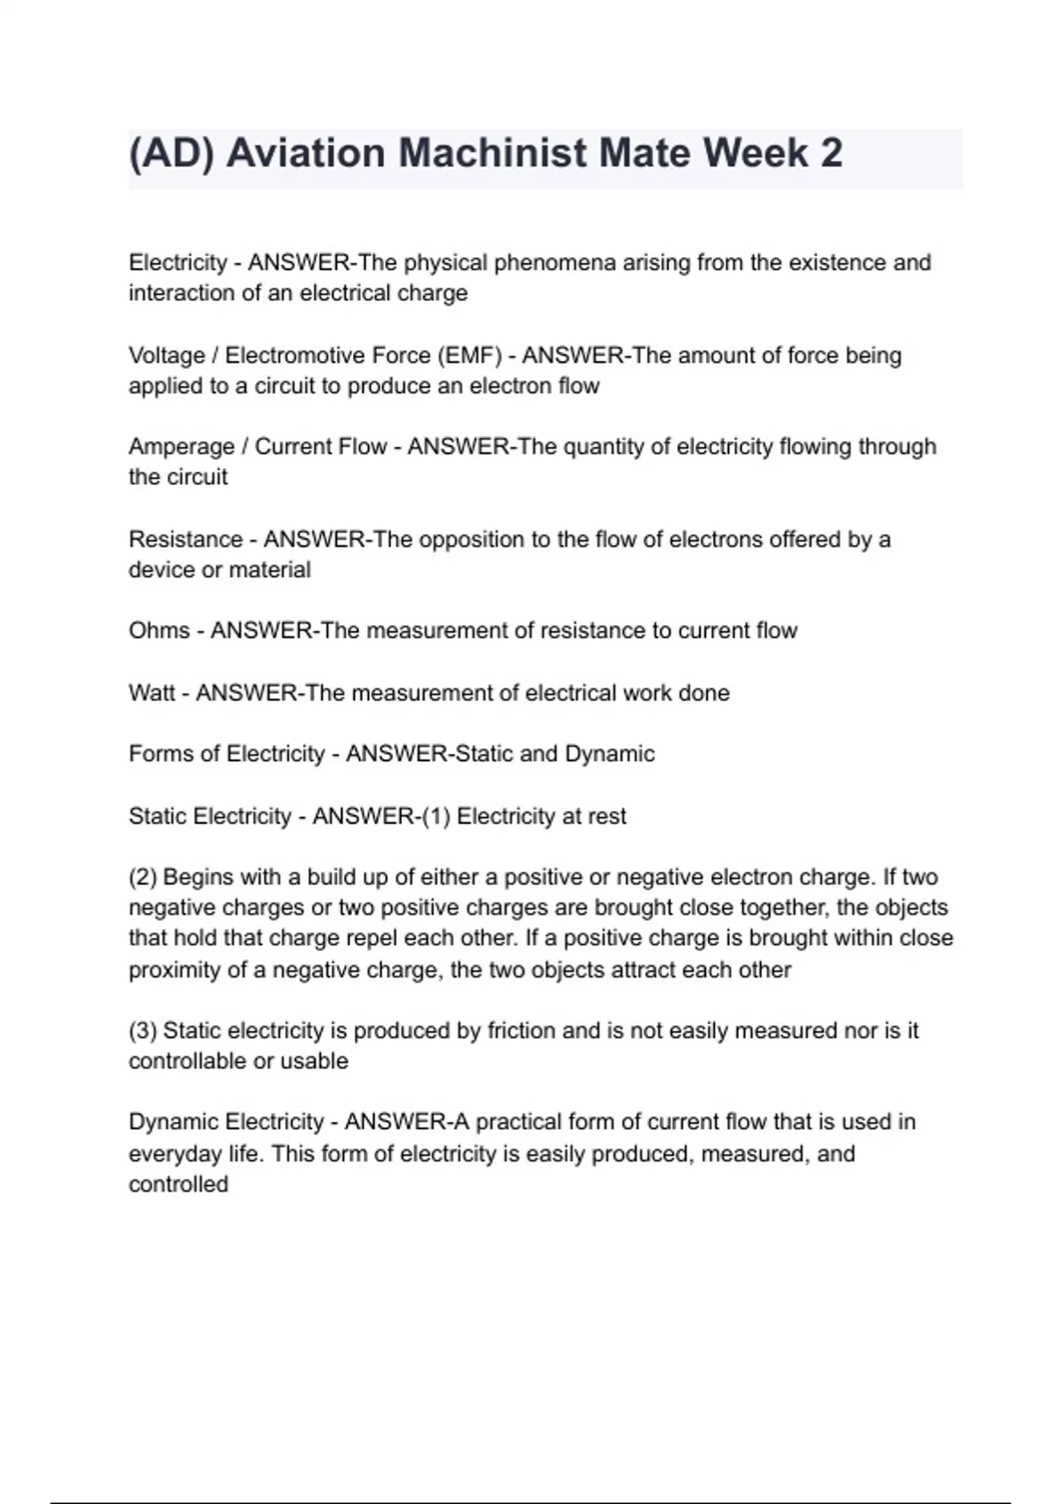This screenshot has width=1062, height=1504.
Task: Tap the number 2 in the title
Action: (831, 153)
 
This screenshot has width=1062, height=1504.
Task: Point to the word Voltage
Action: (166, 356)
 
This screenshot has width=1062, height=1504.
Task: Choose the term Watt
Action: (151, 693)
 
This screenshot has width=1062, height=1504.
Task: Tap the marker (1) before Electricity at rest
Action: (435, 816)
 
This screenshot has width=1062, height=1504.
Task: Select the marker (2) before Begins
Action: (142, 878)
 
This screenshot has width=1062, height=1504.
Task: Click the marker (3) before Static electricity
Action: (142, 1031)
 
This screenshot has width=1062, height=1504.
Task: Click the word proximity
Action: (174, 971)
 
